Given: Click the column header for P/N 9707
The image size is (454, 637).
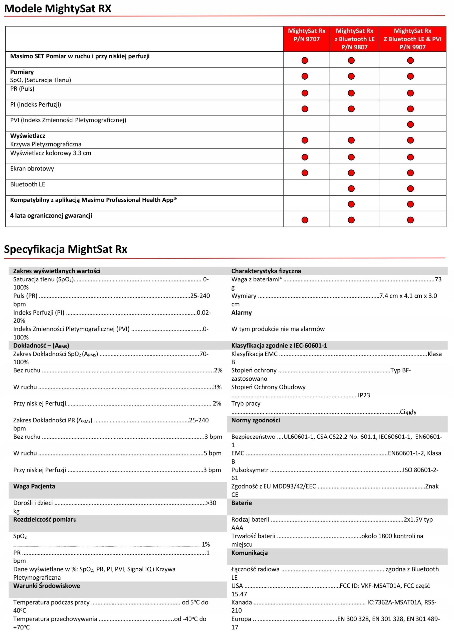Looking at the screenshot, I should pos(306,35).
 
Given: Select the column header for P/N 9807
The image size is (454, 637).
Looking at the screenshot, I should pos(354,39).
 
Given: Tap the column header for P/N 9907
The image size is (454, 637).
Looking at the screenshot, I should pos(412,39).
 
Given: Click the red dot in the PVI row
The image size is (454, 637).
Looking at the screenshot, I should pos(410,124).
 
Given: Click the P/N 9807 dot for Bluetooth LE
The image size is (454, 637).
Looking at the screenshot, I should pos(351,189).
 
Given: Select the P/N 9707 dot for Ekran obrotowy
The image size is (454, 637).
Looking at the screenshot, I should pos(305,173).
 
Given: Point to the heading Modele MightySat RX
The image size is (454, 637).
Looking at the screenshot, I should pos(58,9).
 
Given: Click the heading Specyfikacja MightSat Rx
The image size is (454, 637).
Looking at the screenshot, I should pos(65,249).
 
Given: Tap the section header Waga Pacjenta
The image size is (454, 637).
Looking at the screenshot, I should pos(34,486).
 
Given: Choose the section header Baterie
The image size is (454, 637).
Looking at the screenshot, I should pos(242,503).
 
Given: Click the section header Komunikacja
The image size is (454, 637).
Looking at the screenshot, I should pos(249,553).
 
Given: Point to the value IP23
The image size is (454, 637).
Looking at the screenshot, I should pos(364,395).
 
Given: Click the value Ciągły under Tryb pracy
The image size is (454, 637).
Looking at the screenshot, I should pos(408,412).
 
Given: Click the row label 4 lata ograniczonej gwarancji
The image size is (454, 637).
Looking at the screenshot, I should pos(51,216).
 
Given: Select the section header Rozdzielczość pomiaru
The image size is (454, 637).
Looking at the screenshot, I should pos(45,519).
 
